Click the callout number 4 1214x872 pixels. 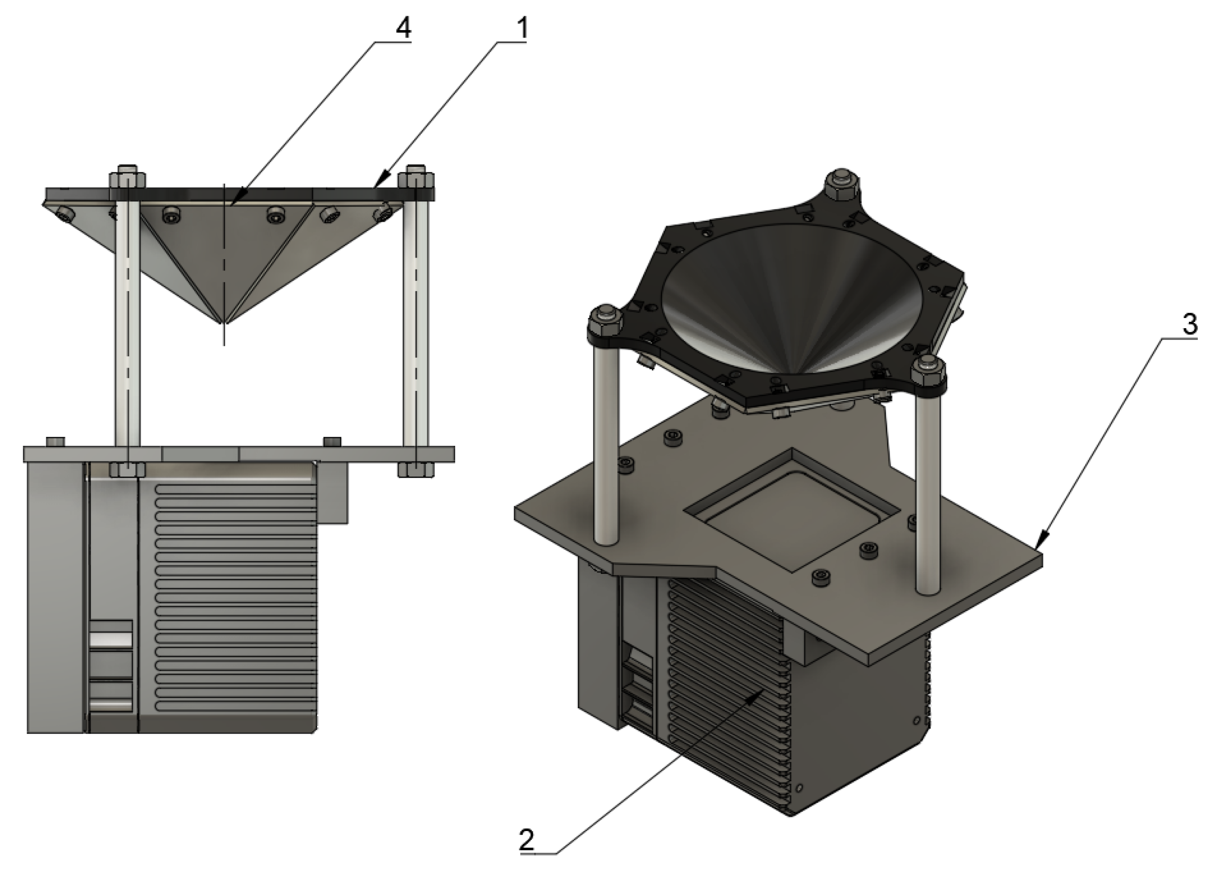[403, 28]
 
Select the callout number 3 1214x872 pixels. [1189, 325]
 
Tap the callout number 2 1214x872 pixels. [527, 840]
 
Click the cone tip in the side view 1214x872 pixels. [224, 322]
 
